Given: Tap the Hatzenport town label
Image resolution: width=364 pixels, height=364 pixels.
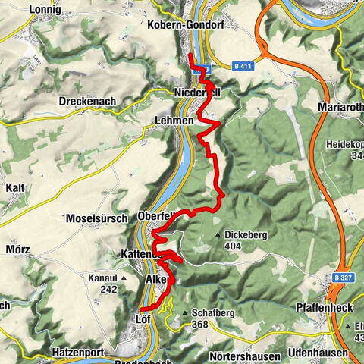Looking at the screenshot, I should pyautogui.click(x=77, y=353).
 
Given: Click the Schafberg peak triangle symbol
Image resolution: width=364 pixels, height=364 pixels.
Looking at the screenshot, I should pyautogui.click(x=184, y=312).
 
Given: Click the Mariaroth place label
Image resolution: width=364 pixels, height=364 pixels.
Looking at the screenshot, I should pyautogui.click(x=338, y=106).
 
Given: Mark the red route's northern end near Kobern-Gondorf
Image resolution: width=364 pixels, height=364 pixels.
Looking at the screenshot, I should pyautogui.click(x=189, y=56).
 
